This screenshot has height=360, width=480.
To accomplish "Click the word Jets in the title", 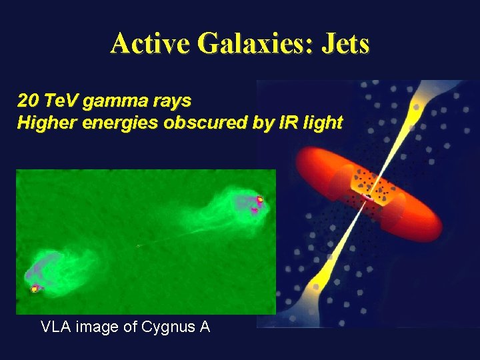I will pos(345,44).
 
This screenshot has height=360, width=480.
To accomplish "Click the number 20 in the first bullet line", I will pos(27,101).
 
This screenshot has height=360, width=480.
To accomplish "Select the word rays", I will pos(173,101).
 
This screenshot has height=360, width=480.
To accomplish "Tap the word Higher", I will pos(43,123).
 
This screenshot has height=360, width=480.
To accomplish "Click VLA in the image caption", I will pos(55,327).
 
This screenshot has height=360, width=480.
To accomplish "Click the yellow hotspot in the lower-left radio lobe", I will pos(34,289).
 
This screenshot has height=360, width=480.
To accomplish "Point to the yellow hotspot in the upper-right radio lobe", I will pos(260,199).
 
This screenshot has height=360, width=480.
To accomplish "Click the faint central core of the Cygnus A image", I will pos(138,246).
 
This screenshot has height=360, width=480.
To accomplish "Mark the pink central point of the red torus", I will pos(367,197).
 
